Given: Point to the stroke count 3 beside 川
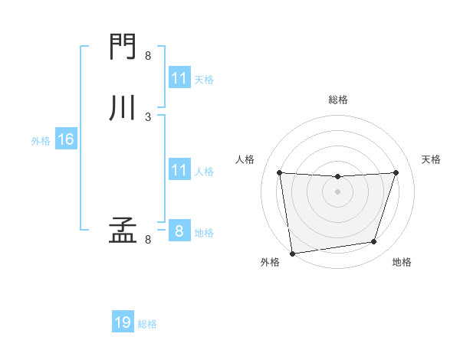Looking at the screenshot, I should (x=148, y=116).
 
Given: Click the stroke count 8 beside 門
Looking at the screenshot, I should (x=148, y=55).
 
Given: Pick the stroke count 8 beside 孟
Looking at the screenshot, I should (x=148, y=239).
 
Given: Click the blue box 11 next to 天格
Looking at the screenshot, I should (x=179, y=78).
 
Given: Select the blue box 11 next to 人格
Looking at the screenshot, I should (x=179, y=170).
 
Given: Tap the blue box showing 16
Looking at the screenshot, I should (x=66, y=139).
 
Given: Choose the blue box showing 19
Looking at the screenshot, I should (x=123, y=322).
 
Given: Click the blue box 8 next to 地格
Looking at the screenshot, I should (x=179, y=231).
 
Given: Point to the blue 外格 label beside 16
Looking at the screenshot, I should (x=41, y=140).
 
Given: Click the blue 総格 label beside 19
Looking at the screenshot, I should (x=147, y=324).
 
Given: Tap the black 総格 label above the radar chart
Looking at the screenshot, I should (x=338, y=100).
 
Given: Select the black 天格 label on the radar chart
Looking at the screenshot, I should (x=431, y=159).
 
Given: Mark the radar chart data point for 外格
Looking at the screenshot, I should (x=292, y=253).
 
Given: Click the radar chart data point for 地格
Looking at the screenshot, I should (x=374, y=242).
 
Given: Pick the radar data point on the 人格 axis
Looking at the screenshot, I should (x=279, y=172).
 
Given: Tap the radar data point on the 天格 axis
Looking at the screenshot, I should (x=396, y=172).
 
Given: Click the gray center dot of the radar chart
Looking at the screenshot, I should (x=337, y=191).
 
